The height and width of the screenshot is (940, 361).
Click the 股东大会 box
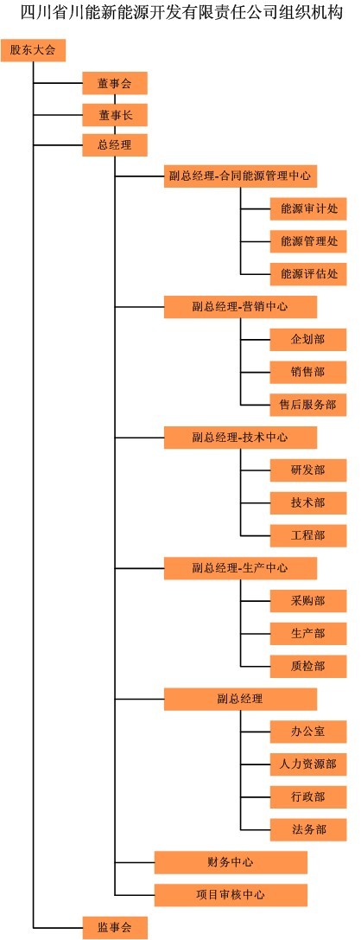[x=32, y=50]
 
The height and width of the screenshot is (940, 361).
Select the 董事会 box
[x=114, y=83]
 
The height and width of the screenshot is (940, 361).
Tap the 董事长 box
[x=114, y=114]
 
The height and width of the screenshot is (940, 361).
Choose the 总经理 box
[x=114, y=144]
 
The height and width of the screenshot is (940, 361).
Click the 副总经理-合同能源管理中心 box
[x=240, y=176]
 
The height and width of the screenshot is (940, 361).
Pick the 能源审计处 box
[x=308, y=208]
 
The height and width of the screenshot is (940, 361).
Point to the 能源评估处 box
[x=308, y=274]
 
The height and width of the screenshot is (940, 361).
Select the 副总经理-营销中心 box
[x=240, y=307]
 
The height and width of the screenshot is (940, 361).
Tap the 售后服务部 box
[x=308, y=405]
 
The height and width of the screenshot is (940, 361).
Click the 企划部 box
[x=308, y=339]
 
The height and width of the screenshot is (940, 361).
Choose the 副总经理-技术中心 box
[x=240, y=438]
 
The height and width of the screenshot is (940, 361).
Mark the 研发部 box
[x=308, y=470]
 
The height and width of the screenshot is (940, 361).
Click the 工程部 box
[x=308, y=535]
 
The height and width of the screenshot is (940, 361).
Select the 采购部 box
[x=308, y=601]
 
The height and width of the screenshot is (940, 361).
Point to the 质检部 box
[x=308, y=666]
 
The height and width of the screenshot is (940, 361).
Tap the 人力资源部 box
[x=308, y=764]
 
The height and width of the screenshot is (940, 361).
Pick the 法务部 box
[x=308, y=829]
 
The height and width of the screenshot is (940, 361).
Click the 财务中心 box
[x=231, y=862]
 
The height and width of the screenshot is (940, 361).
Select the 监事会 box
[x=114, y=927]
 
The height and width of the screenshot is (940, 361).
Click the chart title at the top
[x=181, y=13]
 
